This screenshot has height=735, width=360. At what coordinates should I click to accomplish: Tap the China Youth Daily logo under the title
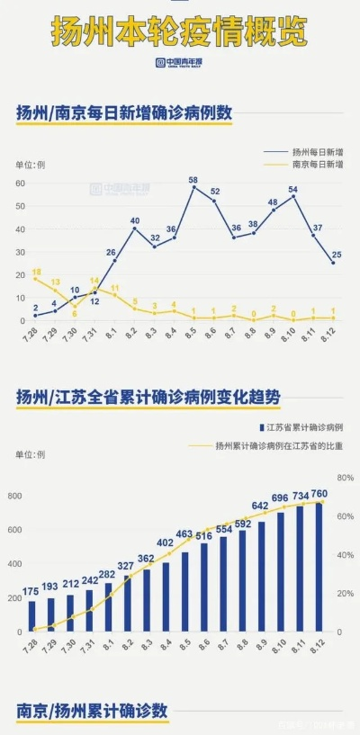[x=180, y=63]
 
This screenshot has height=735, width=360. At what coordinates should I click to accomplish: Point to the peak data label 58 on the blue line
[x=193, y=180]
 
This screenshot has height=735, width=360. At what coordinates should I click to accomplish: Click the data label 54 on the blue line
[x=292, y=189]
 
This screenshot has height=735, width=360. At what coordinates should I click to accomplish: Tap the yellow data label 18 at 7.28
[x=36, y=271]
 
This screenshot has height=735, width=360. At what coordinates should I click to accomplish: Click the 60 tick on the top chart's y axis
[x=20, y=184]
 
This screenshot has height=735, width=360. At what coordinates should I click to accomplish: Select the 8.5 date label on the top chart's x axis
[x=193, y=335]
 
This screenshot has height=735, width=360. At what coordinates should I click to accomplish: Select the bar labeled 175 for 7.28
[x=32, y=616]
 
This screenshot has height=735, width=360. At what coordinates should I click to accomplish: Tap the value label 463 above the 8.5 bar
[x=184, y=534]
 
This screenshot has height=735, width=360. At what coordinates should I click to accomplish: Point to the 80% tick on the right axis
[x=343, y=477]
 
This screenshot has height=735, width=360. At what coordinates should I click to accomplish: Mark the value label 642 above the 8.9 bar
[x=261, y=506]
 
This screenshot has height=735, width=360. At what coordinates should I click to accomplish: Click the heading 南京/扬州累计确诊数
[x=92, y=711]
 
